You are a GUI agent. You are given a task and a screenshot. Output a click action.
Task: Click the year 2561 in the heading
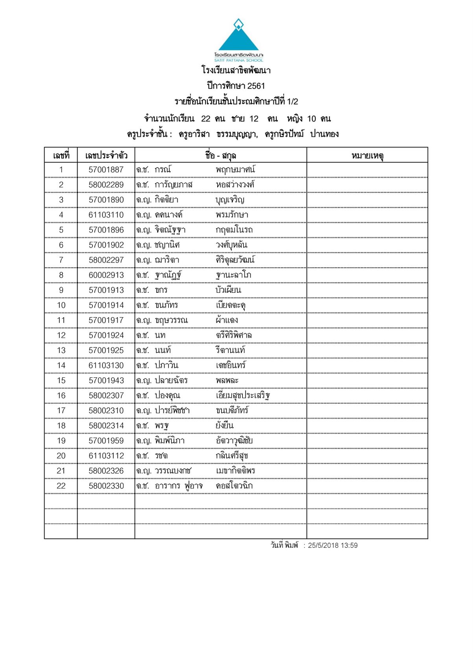256,86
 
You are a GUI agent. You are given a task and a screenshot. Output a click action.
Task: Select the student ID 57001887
106,170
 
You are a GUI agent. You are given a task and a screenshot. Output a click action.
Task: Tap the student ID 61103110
106,215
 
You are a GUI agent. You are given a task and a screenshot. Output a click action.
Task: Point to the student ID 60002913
106,275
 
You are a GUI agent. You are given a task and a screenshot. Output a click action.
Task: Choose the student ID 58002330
106,486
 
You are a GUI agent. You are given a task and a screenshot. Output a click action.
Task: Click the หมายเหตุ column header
367,155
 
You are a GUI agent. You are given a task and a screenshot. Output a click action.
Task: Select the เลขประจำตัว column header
106,155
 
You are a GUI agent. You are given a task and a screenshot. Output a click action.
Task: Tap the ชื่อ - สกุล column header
220,155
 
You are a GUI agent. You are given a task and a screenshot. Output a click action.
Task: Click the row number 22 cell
61,486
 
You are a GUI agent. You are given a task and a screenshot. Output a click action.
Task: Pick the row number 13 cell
61,351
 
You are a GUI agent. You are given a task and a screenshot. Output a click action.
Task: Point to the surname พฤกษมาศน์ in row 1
235,170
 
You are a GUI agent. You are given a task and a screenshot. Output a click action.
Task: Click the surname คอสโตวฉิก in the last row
234,486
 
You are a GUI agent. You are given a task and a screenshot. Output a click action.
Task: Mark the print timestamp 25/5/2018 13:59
333,546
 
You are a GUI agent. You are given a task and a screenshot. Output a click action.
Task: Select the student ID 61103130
106,366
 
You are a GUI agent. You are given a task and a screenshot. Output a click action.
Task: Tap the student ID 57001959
106,441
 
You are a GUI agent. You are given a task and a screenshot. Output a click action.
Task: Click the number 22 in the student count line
205,119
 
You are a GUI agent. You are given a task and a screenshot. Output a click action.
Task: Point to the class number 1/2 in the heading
292,102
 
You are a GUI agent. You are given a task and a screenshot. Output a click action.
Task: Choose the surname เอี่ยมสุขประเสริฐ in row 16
242,395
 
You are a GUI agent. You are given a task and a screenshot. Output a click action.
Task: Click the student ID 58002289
106,185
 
